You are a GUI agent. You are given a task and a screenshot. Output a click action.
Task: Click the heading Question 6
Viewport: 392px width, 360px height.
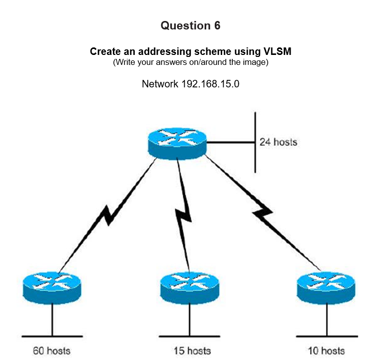(x=190, y=26)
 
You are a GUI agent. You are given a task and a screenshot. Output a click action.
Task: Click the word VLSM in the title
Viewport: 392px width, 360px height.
(x=277, y=52)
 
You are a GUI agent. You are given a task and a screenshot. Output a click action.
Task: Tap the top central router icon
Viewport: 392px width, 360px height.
(x=177, y=141)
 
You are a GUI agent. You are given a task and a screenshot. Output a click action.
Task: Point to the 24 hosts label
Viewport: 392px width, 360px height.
(x=278, y=142)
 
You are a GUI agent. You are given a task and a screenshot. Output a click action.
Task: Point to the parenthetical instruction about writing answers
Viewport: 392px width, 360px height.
(x=191, y=62)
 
